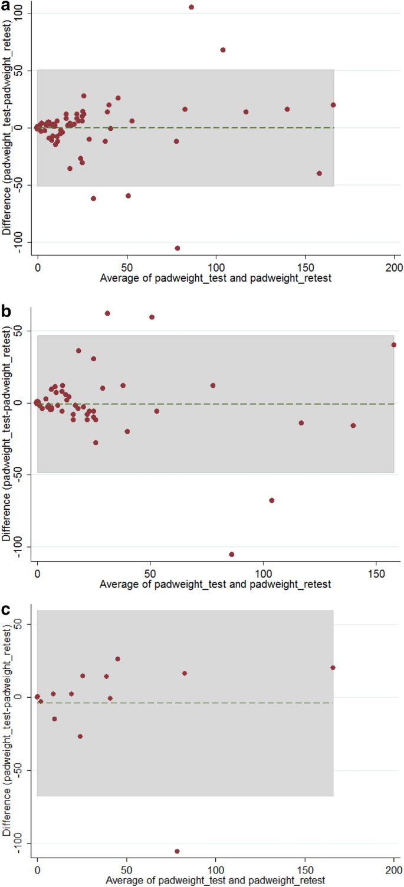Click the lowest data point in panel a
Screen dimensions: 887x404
[178, 248]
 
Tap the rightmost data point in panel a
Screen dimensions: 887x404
[333, 105]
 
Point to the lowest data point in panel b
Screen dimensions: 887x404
[232, 554]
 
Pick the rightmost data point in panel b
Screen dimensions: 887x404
[394, 345]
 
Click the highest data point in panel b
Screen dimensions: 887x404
[107, 314]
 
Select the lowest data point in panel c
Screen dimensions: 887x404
[177, 851]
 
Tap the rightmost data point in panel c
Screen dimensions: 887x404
[333, 668]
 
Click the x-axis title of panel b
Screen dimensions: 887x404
[215, 584]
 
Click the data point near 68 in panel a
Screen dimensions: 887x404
[223, 50]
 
